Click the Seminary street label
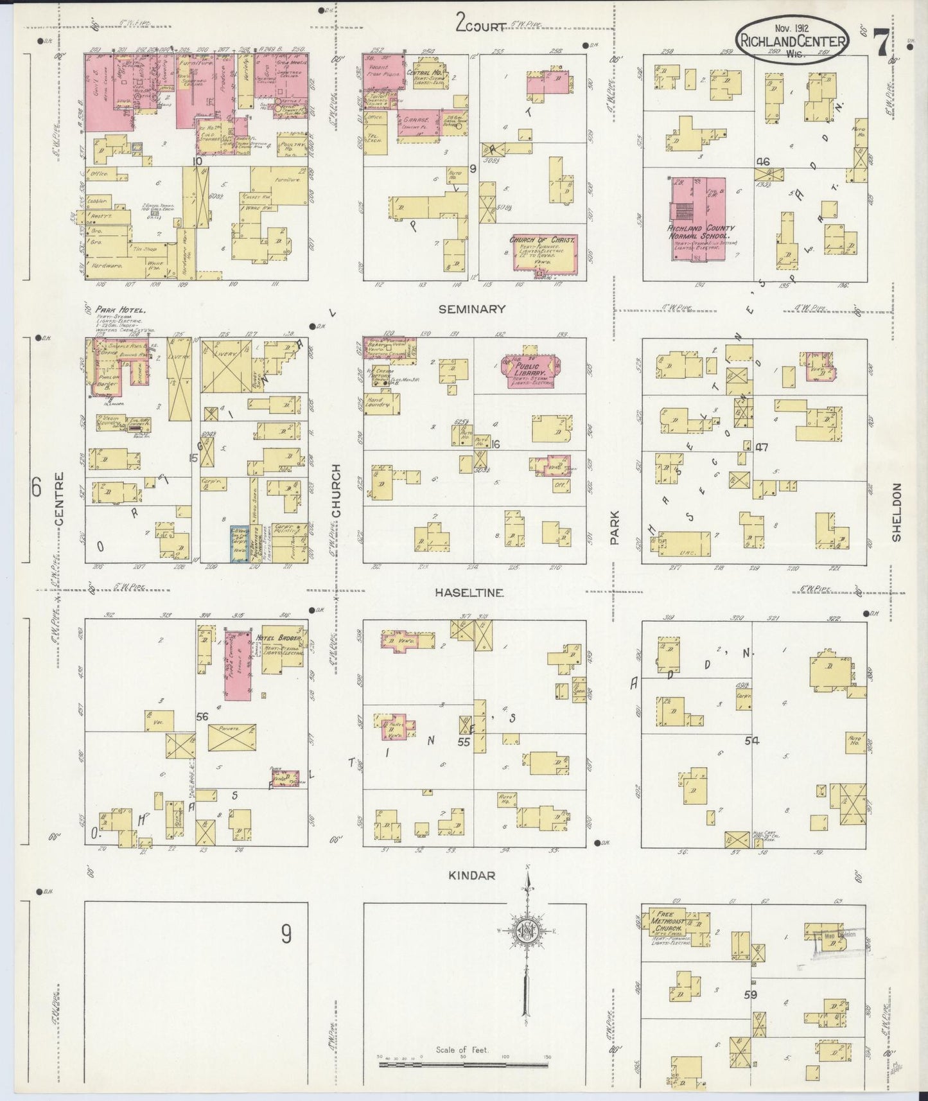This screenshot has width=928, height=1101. (x=472, y=309)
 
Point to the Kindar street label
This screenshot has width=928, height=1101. (x=472, y=875)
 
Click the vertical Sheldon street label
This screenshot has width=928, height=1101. (x=897, y=513)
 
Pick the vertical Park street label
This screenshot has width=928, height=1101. (x=615, y=527)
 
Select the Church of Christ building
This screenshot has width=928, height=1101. (x=544, y=254)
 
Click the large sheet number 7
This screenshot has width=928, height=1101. (x=881, y=43)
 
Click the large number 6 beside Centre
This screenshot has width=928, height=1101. (x=36, y=489)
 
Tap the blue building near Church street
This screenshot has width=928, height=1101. (x=240, y=544)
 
